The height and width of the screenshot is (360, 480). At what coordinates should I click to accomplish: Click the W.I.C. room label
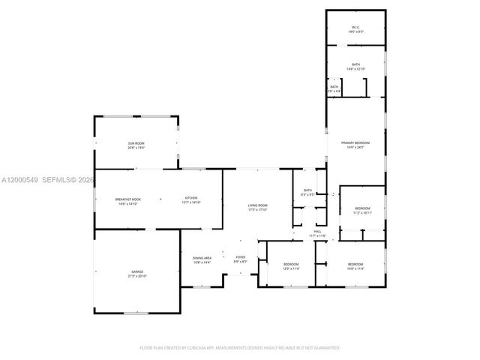click(x=355, y=28)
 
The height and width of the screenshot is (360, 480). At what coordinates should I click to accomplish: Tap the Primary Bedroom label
click(x=355, y=142)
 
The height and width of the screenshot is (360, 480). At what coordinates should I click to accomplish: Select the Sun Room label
click(x=136, y=143)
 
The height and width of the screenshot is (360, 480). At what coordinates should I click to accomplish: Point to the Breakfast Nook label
click(x=127, y=199)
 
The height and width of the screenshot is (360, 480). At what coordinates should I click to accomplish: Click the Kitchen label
click(x=191, y=199)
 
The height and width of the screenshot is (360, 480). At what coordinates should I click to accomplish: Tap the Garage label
click(x=136, y=271)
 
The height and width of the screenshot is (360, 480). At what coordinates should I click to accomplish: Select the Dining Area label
click(x=202, y=257)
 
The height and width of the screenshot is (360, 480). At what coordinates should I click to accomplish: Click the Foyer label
click(x=240, y=257)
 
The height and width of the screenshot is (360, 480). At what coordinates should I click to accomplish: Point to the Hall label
click(x=318, y=232)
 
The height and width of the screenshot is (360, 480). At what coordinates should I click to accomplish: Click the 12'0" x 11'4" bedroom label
click(x=291, y=265)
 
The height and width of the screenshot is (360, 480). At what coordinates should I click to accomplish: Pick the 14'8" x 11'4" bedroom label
click(x=355, y=265)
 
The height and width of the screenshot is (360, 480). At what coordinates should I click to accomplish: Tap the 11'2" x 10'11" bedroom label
click(x=362, y=208)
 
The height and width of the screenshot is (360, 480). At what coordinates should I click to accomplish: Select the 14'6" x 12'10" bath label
click(x=355, y=65)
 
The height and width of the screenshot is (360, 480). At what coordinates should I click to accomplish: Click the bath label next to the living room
click(x=307, y=190)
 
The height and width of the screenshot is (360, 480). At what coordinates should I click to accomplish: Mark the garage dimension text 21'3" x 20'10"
click(x=136, y=277)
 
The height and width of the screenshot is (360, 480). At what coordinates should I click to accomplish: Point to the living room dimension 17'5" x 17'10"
click(x=258, y=210)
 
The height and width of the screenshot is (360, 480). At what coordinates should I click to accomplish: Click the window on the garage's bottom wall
click(x=136, y=313)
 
